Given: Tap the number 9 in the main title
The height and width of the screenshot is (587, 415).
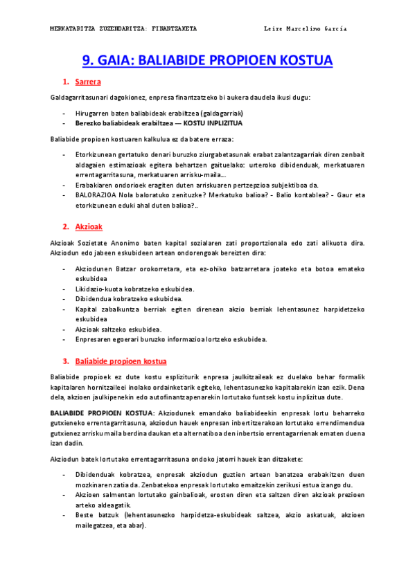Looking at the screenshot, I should (87, 60).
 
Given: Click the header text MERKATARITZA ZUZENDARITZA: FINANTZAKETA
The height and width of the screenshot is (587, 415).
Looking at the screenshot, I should (124, 29).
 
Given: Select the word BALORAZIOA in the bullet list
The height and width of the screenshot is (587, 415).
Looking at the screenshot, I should (95, 196).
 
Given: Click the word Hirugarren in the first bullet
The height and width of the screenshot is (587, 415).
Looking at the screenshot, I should (94, 113).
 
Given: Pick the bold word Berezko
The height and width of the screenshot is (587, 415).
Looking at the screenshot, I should (89, 123).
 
